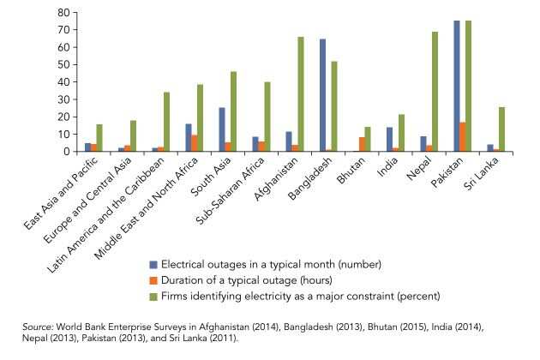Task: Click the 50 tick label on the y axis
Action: pos(63,65)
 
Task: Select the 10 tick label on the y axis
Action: pos(63,135)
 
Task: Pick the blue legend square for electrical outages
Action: pos(153,264)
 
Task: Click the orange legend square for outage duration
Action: pos(153,280)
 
